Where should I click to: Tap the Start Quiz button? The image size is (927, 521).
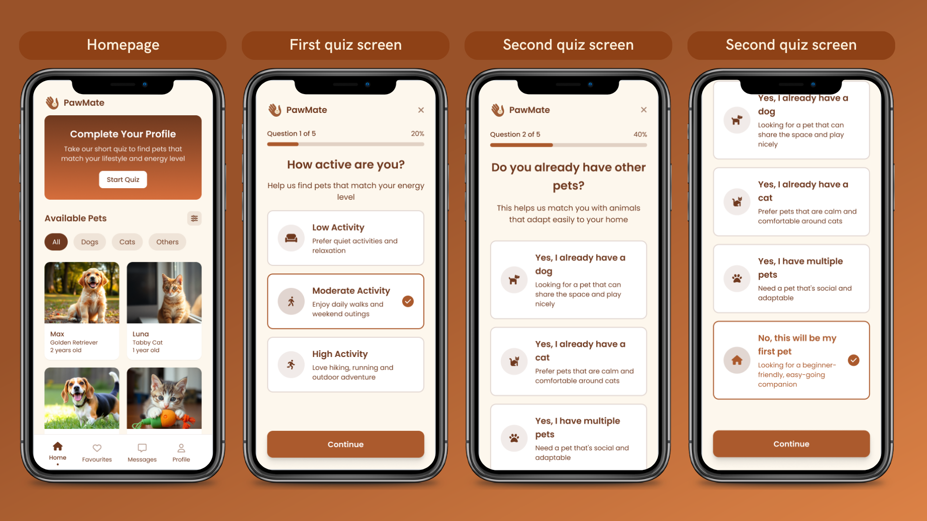123,179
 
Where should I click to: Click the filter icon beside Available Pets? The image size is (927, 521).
194,219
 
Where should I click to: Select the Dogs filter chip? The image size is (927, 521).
90,242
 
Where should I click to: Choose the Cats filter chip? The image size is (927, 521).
127,242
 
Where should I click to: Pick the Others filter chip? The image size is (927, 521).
168,242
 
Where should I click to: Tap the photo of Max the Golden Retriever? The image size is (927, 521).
82,293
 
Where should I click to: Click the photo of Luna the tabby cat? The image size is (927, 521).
164,293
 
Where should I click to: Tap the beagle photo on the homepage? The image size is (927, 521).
82,398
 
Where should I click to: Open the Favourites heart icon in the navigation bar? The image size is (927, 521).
97,448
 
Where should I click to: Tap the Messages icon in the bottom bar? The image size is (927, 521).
142,448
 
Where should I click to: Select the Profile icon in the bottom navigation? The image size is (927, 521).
181,448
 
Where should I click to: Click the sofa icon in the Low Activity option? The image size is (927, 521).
291,238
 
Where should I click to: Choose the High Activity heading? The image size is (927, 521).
340,354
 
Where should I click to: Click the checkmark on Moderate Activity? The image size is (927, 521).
408,302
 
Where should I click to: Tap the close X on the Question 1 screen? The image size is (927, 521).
421,110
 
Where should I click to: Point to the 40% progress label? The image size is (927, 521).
640,134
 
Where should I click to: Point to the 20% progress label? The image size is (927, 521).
418,134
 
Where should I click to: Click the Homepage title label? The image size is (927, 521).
123,45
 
